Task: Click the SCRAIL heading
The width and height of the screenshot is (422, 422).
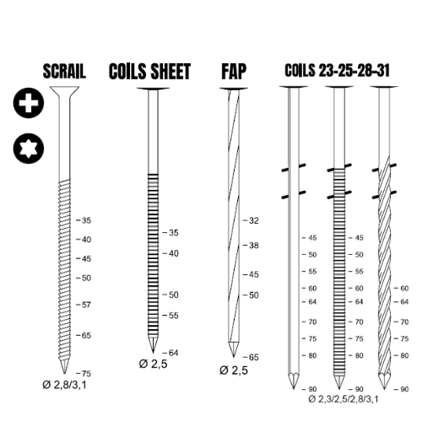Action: pos(64,72)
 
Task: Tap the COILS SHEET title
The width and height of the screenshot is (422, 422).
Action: pos(149,72)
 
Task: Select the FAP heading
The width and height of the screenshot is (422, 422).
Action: pos(234,72)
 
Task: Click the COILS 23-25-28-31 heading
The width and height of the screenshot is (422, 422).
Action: pos(337,70)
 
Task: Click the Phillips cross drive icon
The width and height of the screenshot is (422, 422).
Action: pos(29,103)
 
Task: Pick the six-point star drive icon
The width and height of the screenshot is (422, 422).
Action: pos(29,149)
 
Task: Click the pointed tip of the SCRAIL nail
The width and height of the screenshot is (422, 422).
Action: pos(64,374)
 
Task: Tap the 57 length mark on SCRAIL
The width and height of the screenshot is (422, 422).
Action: pos(84,305)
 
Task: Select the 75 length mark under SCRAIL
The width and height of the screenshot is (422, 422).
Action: pos(84,374)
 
